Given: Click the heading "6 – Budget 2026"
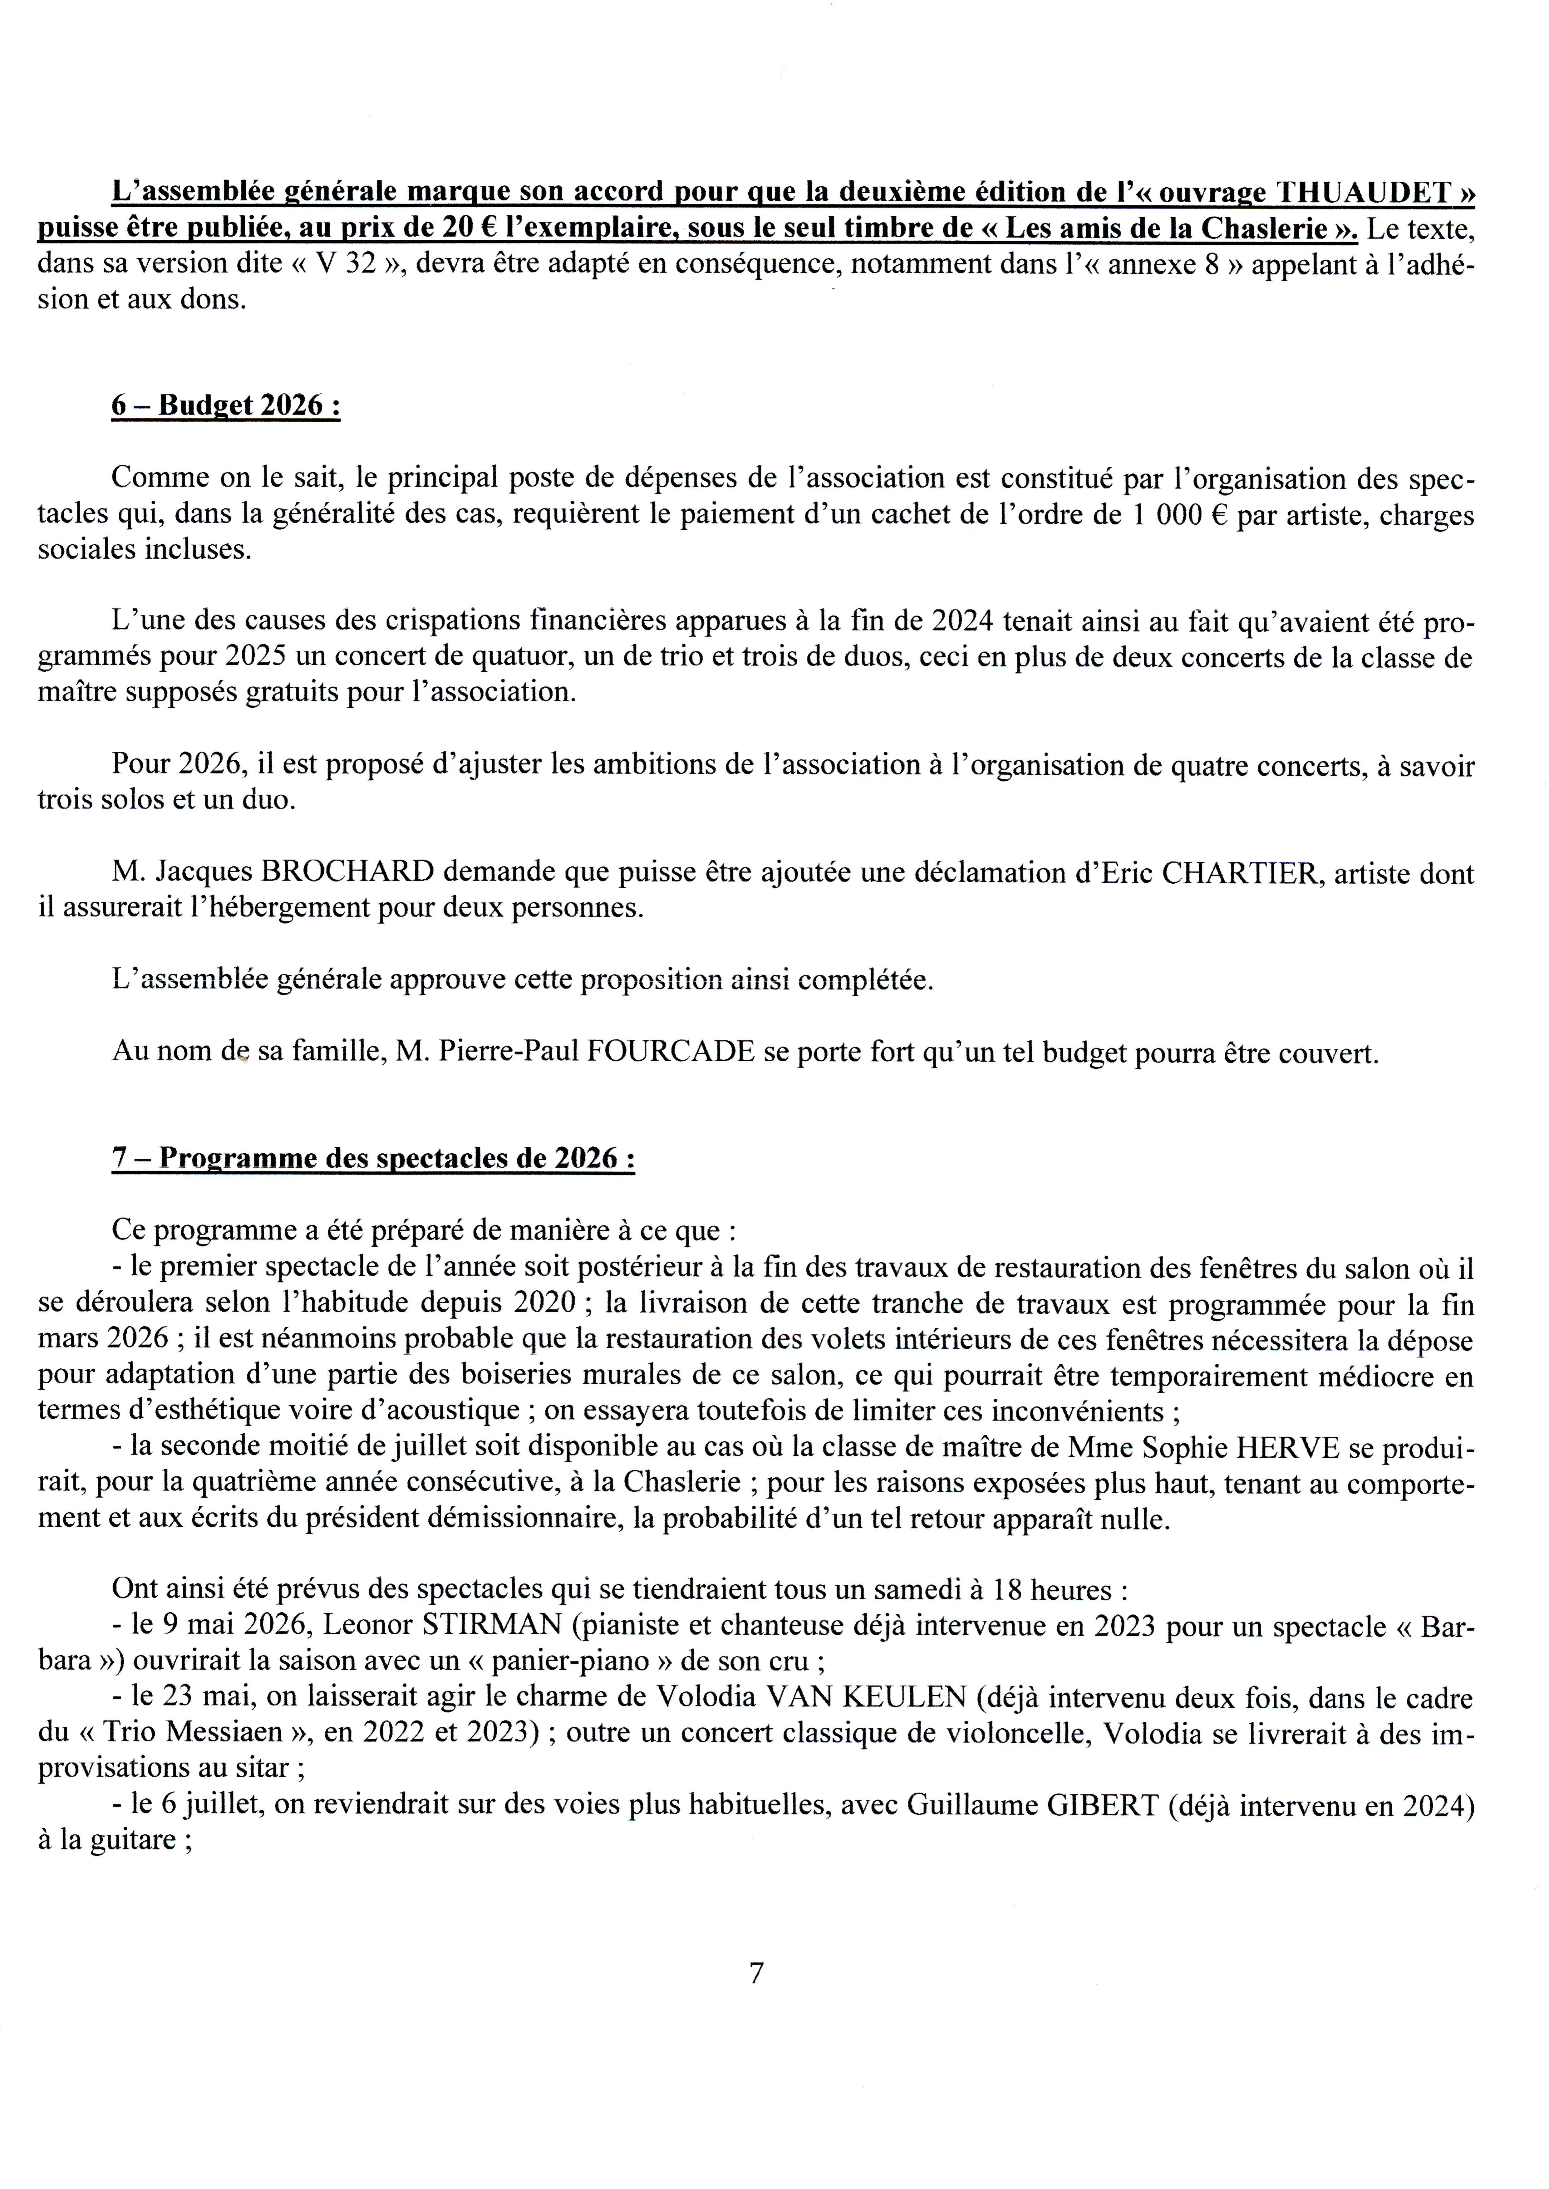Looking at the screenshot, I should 226,405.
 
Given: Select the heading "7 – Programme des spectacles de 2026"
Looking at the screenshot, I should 373,1158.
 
